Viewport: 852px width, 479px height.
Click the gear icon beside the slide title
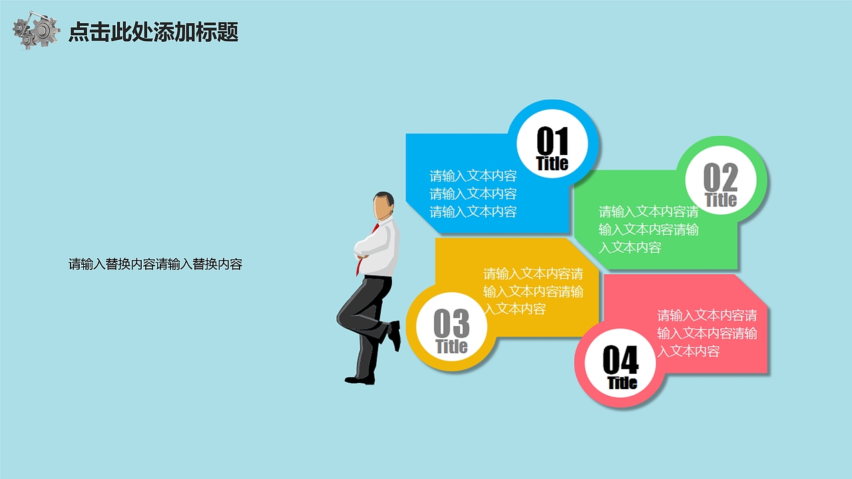coord(37,31)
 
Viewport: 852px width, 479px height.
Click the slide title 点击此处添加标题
coord(154,32)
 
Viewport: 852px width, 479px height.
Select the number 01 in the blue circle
coord(552,140)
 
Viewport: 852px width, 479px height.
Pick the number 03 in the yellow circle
coord(451,324)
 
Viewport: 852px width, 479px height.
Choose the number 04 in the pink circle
coord(620,361)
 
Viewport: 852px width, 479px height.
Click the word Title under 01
coord(552,164)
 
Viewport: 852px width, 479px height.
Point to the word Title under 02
coord(721,200)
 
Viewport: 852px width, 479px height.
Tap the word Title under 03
coord(451,347)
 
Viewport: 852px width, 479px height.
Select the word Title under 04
coord(622,383)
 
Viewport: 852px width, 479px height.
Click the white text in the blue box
coord(473,194)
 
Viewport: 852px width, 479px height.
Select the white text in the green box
coord(648,230)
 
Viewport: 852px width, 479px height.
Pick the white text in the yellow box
coord(533,291)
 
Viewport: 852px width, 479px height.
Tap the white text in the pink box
coord(707,333)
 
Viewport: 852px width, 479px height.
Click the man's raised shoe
coord(395,335)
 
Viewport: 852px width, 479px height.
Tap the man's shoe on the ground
coord(359,380)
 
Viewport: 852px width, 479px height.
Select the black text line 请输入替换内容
coord(155,264)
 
